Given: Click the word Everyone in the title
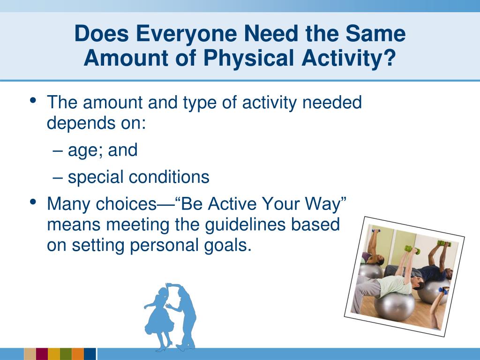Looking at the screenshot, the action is pos(186,34).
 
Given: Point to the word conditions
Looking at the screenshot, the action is pos(169,177).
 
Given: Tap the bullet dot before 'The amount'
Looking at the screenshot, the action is pos(33,100).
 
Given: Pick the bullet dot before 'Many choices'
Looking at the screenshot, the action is pos(33,202).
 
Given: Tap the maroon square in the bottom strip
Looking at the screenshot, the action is pos(42,354).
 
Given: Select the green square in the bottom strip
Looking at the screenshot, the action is pos(66,354).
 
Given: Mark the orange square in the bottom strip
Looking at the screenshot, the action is pos(78,354).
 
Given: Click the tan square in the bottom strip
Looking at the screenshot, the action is pos(30,354).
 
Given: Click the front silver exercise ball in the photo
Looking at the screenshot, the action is pos(394,307).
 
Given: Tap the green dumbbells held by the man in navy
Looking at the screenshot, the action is pos(444,244).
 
